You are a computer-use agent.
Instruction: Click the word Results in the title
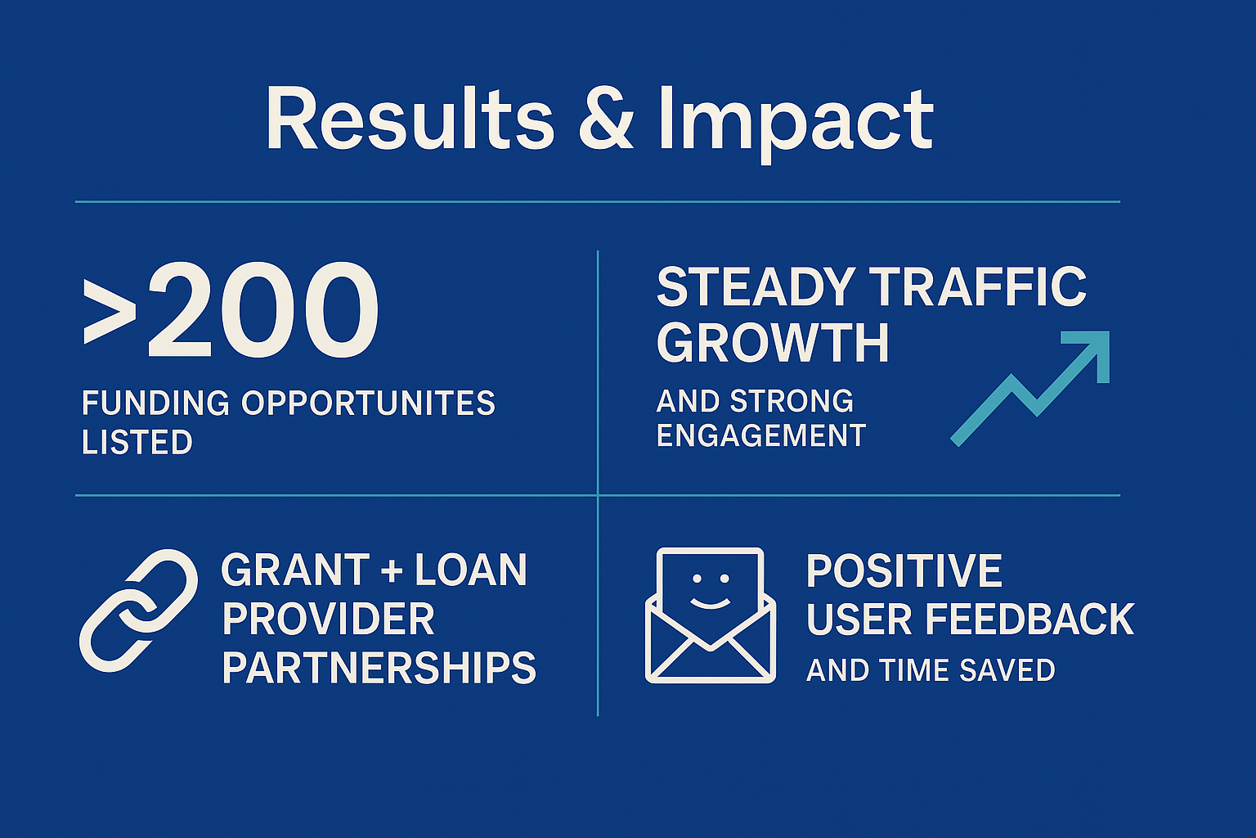pos(410,119)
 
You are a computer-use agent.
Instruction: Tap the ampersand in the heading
pos(605,119)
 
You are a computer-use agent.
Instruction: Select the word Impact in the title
pos(796,125)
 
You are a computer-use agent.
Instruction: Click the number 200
pos(263,310)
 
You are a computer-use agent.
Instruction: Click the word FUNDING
pos(155,403)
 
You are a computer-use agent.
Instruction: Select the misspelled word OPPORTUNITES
pos(369,403)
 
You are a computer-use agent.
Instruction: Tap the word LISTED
pos(137,442)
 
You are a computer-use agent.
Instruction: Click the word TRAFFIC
pos(980,286)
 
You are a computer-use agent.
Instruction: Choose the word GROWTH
pos(773,342)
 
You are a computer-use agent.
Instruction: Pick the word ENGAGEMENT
pos(761,435)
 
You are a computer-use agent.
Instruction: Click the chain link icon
pos(138,610)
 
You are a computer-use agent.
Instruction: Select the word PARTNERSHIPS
pos(379,668)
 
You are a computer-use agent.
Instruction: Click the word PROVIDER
pos(329,619)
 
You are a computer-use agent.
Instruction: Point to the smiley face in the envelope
pos(711,591)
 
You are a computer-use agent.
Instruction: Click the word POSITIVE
pos(904,570)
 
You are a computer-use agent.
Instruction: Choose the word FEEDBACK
pos(1029,619)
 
